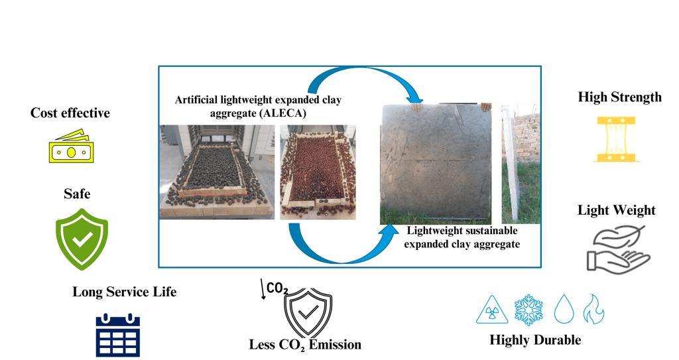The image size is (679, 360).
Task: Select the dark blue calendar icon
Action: click(x=117, y=335)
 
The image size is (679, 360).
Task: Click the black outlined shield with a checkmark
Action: click(x=308, y=314)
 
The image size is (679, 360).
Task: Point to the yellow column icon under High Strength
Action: click(x=616, y=139)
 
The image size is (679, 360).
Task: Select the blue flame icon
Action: click(x=593, y=309)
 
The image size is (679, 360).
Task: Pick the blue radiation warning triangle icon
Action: click(x=491, y=310)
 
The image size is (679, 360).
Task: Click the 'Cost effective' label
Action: click(x=70, y=113)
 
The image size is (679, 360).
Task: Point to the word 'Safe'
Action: click(x=77, y=194)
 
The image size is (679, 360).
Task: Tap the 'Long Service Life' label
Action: click(x=124, y=292)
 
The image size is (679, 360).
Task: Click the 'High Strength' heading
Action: click(x=619, y=97)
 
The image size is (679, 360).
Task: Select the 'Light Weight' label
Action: click(x=616, y=210)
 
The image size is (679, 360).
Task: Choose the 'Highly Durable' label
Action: click(x=534, y=340)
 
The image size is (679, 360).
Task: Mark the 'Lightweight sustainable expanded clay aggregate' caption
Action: click(x=462, y=237)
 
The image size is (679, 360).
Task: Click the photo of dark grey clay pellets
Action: click(x=216, y=172)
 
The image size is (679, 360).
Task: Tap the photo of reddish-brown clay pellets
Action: click(x=318, y=172)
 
